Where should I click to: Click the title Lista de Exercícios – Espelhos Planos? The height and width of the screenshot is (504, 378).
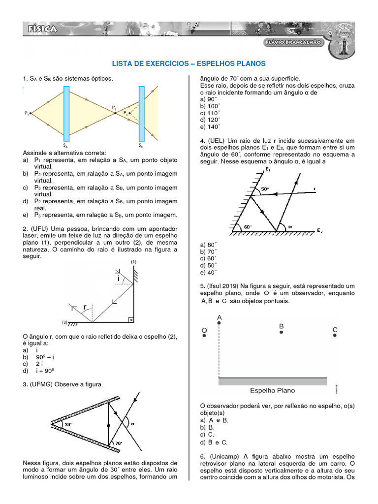pos(189,63)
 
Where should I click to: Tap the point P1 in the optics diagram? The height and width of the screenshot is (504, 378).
pos(30,114)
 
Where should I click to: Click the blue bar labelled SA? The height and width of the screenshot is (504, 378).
pos(66,113)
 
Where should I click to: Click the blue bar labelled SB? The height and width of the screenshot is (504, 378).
pos(141,113)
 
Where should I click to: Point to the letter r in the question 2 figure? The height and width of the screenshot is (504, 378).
pos(85,308)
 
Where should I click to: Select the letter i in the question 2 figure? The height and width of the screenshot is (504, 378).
pos(118,279)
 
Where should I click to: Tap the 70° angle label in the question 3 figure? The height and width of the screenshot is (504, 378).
pos(118,443)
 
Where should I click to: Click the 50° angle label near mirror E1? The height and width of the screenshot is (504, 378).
pos(265,189)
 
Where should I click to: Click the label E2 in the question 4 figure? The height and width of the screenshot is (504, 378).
pos(319,231)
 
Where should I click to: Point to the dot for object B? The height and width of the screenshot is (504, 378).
pos(282,333)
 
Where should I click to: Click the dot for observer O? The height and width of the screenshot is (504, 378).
pos(204,335)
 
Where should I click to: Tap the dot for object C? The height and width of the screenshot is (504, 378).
pos(335,335)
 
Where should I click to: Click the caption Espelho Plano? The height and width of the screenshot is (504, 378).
pos(273,390)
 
